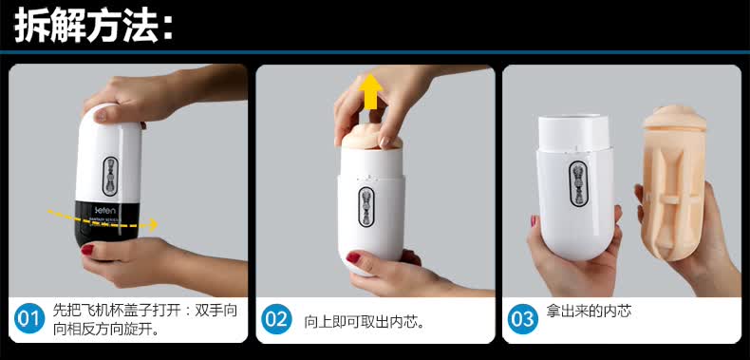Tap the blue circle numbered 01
click(29, 318)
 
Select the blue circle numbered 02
click(276, 319)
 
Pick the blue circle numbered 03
click(523, 319)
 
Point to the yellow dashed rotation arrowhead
click(153, 224)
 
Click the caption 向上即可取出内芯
click(365, 322)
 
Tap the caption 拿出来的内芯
click(589, 312)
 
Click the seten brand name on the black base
click(103, 210)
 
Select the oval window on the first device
click(110, 176)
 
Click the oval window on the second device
click(366, 207)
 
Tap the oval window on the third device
click(578, 183)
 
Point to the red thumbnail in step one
click(87, 250)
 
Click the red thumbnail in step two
click(353, 257)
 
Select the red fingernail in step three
click(534, 220)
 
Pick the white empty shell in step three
click(576, 187)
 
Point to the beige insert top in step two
click(372, 139)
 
